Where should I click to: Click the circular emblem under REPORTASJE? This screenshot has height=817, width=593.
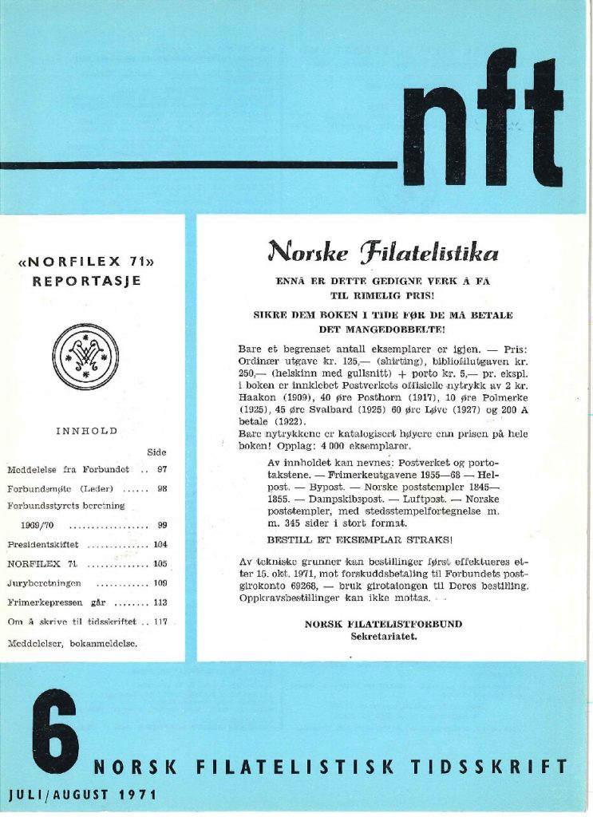pos(85,357)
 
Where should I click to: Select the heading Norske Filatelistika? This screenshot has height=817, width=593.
pos(383,253)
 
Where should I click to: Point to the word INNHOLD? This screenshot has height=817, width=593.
pos(86,431)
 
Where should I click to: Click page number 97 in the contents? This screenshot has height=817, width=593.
pos(161,469)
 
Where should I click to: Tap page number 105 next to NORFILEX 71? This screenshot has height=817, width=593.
pos(160,564)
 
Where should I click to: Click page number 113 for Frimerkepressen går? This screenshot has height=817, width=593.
pos(160,602)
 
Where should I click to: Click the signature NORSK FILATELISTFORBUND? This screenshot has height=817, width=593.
pos(383,624)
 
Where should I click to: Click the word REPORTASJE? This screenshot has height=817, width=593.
pos(85,281)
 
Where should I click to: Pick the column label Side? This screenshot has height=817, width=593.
pos(156,452)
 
